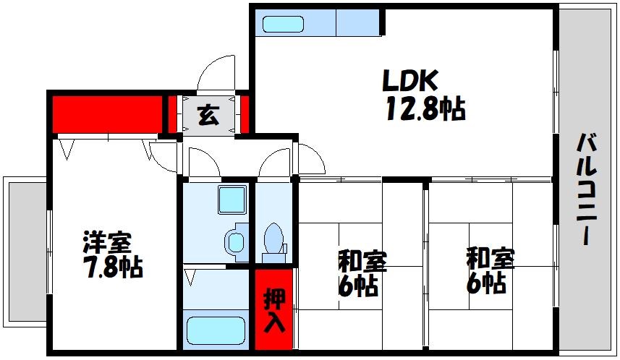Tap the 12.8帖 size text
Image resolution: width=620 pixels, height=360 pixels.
click(424, 109)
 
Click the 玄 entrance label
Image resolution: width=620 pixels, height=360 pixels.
click(208, 115)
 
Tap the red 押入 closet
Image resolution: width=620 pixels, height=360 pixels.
click(273, 309)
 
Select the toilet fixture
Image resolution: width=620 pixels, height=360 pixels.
click(273, 240)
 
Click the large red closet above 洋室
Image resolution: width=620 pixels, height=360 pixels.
click(107, 113)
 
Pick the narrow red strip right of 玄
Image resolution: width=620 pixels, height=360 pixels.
click(245, 114)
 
